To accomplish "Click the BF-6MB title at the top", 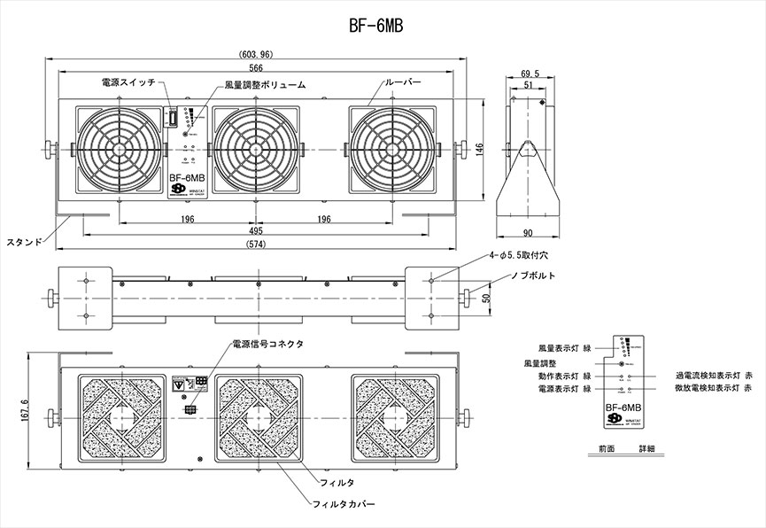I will pos(377,27).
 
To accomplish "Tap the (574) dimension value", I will pos(257,244).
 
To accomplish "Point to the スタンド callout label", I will pos(24,242).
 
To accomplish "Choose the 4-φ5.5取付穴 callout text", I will pos(521,255).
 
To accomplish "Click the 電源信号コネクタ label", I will pos(267,344).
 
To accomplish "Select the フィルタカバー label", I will pos(344,504).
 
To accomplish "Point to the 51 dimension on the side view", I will pos(530,86).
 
